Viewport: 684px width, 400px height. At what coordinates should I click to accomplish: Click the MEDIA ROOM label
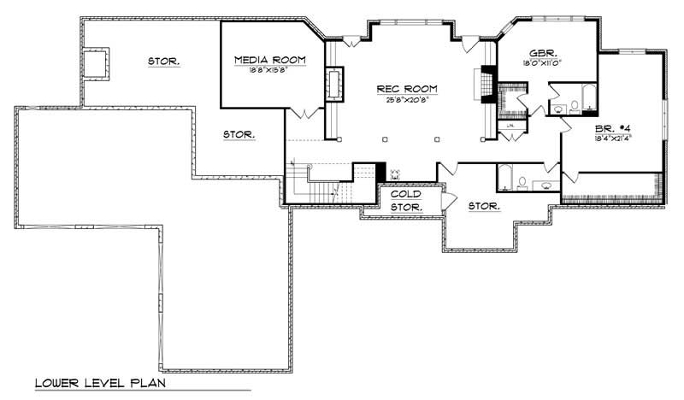270,60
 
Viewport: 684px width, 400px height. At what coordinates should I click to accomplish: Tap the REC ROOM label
408,88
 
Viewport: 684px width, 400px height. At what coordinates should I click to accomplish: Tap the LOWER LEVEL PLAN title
99,382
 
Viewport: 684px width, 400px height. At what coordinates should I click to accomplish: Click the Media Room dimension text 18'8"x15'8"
270,72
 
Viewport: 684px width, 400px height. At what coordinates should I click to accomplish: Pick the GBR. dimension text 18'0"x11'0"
545,63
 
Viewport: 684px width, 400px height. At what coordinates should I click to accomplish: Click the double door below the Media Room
307,113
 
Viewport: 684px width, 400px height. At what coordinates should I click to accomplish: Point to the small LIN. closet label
511,126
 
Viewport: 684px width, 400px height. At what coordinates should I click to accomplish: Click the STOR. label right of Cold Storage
485,206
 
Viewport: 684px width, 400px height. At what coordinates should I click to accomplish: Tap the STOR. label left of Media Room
162,62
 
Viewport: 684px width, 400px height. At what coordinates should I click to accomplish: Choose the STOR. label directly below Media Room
239,134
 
